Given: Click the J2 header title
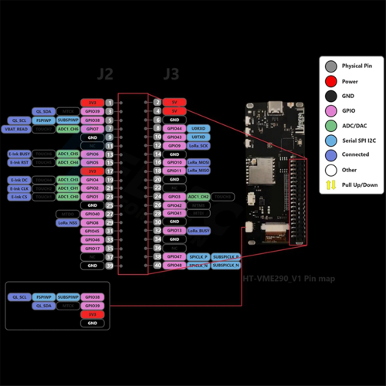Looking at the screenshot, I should [106, 74].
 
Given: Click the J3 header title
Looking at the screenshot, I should [171, 74].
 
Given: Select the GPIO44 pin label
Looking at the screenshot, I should [174, 128].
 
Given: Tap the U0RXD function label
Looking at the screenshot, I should [198, 128].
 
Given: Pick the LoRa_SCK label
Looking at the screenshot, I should [198, 145].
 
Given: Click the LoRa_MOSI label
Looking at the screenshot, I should [198, 163].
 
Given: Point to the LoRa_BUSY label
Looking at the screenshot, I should [198, 231].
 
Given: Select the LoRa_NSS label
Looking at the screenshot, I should [67, 222].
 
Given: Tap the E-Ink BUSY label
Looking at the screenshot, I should [19, 154].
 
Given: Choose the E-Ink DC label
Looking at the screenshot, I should [19, 180].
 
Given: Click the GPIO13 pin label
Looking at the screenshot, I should [174, 231].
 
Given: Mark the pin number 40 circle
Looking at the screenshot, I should [157, 266].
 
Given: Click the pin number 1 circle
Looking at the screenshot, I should [110, 103].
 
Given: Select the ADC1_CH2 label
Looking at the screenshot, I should [198, 197].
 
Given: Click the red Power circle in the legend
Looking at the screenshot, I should [330, 80].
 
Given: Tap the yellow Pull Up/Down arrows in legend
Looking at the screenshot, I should [330, 184].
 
